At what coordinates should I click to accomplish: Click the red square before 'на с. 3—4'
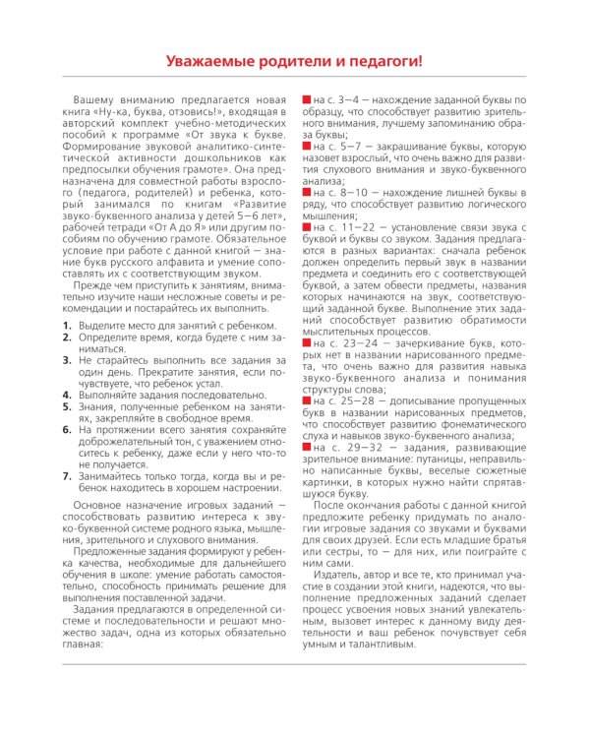pos(306,101)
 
